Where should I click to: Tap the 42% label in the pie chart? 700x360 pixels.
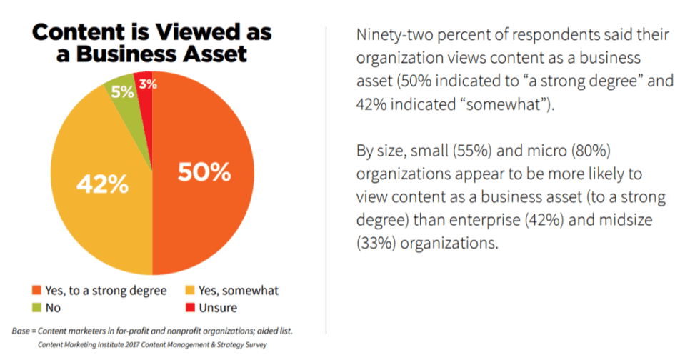(x=102, y=184)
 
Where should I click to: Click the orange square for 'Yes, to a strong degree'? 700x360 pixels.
(x=36, y=291)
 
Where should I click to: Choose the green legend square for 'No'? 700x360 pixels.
(x=36, y=308)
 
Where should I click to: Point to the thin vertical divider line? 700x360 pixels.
(x=326, y=179)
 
